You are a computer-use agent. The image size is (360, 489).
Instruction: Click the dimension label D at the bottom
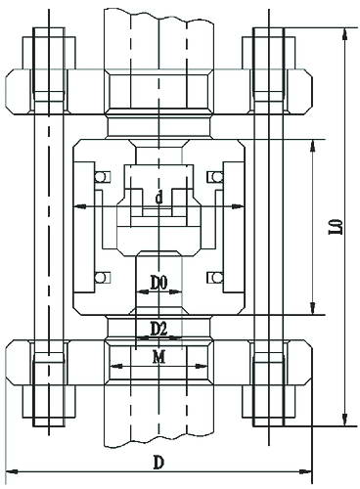click(x=158, y=463)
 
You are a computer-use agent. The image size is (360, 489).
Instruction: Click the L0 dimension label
click(x=339, y=226)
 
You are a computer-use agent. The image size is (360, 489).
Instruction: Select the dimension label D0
click(x=158, y=282)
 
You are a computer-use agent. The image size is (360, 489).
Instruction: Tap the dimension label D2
click(x=158, y=329)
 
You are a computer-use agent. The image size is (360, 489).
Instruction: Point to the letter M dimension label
click(x=159, y=357)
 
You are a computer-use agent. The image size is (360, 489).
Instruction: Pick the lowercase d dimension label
click(x=158, y=198)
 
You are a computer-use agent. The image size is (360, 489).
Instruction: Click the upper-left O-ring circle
click(x=100, y=177)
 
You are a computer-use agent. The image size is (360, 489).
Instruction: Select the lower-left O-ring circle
click(x=100, y=278)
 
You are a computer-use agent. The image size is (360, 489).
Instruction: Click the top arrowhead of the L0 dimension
click(x=344, y=34)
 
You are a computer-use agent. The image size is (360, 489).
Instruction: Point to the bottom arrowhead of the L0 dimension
click(x=344, y=420)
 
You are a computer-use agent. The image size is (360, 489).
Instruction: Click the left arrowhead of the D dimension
click(x=13, y=471)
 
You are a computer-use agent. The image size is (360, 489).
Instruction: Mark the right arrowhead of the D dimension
click(x=305, y=471)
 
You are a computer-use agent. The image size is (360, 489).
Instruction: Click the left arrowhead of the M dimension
click(x=116, y=366)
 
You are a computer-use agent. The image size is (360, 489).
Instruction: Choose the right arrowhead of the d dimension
click(x=238, y=206)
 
